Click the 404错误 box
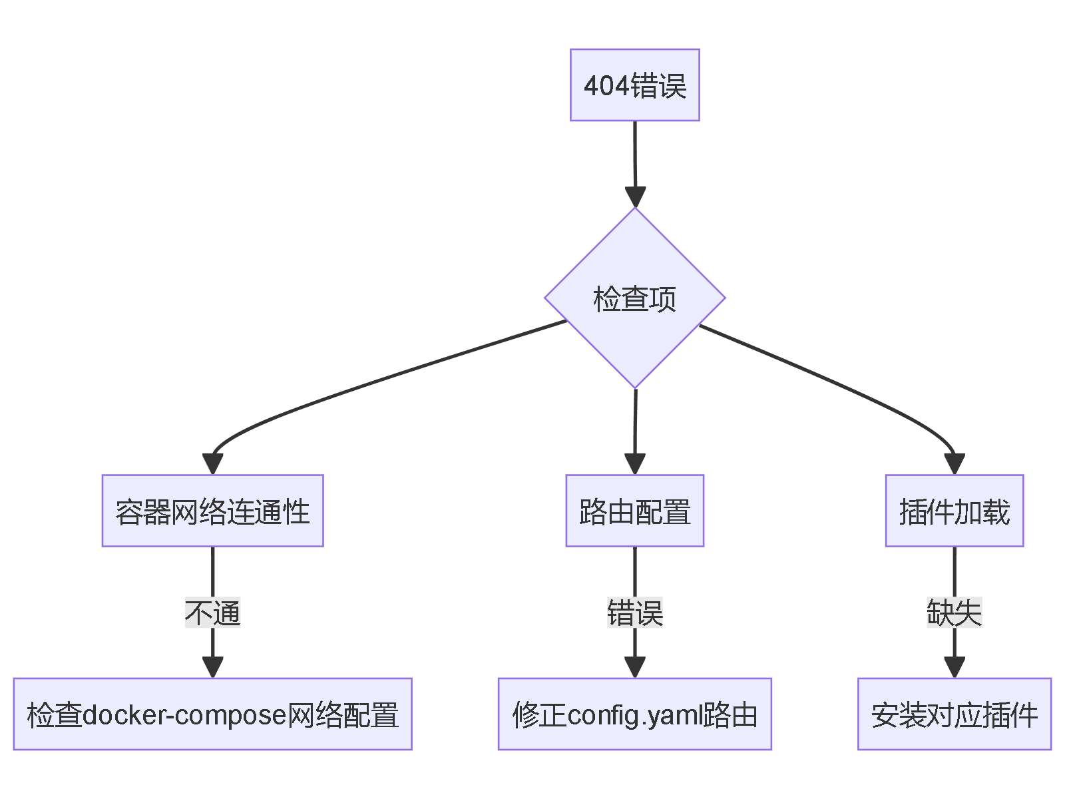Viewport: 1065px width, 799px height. [634, 85]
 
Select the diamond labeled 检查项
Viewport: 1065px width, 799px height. [634, 298]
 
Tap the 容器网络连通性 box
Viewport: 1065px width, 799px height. [212, 511]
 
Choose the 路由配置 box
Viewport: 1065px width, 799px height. [634, 511]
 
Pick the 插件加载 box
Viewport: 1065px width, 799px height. [954, 511]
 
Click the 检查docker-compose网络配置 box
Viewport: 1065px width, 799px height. [212, 714]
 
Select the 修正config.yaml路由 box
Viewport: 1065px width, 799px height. [634, 714]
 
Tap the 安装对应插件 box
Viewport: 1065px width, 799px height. [954, 714]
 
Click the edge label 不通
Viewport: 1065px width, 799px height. [212, 613]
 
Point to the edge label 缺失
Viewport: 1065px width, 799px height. [954, 613]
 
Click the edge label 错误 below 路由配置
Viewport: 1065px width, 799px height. [634, 613]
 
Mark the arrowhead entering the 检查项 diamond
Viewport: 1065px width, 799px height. [635, 197]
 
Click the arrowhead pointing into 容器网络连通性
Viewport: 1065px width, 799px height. [212, 464]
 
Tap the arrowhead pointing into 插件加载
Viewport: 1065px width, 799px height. [955, 464]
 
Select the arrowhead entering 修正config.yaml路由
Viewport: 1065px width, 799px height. [634, 667]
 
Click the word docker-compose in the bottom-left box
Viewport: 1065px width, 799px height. [184, 714]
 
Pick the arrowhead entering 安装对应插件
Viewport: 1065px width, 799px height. [954, 667]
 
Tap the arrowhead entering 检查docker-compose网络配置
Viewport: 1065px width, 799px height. [212, 667]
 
